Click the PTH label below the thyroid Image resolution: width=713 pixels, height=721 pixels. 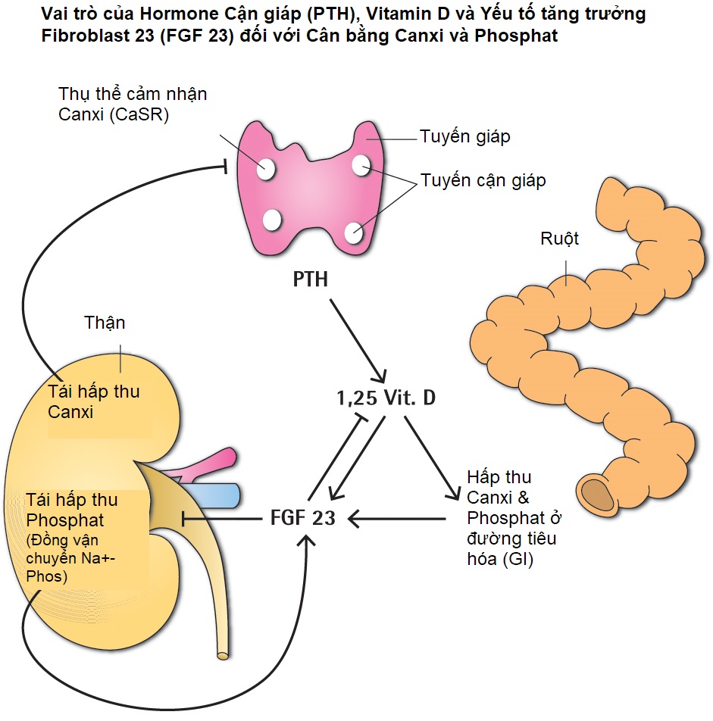pyautogui.click(x=311, y=279)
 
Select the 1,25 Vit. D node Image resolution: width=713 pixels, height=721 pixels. pyautogui.click(x=386, y=398)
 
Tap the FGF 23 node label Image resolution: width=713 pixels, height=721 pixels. pyautogui.click(x=302, y=519)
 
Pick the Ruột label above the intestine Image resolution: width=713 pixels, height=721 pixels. pyautogui.click(x=559, y=239)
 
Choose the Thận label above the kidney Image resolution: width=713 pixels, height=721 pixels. pyautogui.click(x=105, y=323)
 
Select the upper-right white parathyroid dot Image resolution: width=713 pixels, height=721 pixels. pyautogui.click(x=361, y=164)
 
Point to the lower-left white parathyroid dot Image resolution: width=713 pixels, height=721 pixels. pyautogui.click(x=272, y=220)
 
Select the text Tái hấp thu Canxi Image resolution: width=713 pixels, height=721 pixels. pyautogui.click(x=93, y=402)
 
